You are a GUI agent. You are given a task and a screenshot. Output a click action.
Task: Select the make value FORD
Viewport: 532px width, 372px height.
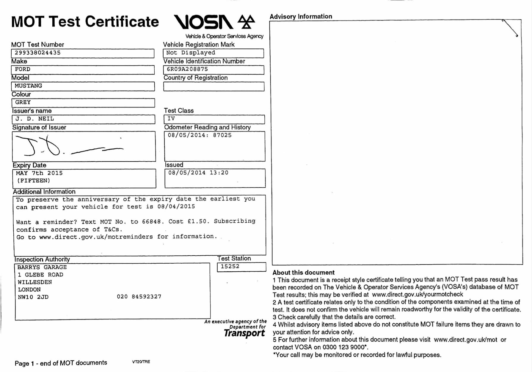[23, 69]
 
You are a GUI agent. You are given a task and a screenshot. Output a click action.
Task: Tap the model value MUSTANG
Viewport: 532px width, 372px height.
[28, 86]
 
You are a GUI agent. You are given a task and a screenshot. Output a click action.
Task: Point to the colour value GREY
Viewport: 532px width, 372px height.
[23, 102]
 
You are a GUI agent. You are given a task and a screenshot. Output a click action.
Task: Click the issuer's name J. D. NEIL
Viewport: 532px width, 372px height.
[35, 119]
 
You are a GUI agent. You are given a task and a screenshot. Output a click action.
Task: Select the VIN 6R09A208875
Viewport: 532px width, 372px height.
[187, 69]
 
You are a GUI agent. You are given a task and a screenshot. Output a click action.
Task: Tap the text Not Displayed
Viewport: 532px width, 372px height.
[190, 53]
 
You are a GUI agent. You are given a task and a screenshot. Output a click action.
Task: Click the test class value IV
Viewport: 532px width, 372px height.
[171, 119]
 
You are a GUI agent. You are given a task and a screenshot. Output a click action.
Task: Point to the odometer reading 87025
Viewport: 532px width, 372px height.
[222, 135]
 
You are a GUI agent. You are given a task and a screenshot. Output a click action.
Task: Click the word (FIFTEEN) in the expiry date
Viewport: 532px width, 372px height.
[33, 181]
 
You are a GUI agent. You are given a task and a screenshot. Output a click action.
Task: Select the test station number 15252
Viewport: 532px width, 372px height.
[230, 267]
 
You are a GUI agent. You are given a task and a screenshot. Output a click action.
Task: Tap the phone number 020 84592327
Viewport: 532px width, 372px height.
[139, 297]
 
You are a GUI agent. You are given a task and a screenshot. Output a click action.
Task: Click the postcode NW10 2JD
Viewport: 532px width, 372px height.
[33, 297]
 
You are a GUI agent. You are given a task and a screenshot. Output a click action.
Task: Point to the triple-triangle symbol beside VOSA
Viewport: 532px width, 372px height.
[246, 22]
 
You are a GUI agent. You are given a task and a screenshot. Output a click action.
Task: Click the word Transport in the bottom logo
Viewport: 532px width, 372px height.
[244, 333]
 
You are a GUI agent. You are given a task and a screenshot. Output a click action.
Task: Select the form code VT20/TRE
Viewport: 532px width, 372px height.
[141, 362]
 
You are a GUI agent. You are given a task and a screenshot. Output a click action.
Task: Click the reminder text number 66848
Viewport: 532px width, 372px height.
[151, 222]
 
